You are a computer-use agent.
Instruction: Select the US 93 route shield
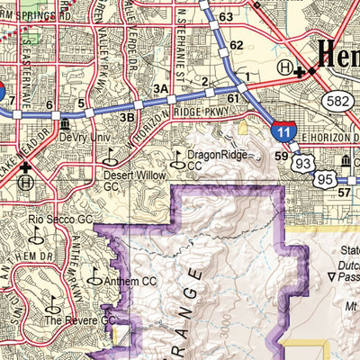303,163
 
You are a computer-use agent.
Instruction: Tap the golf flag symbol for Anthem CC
94,278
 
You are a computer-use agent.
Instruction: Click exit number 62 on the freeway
236,44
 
